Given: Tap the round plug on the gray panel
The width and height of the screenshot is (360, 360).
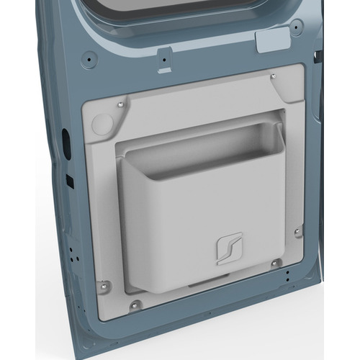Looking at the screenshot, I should (103, 123).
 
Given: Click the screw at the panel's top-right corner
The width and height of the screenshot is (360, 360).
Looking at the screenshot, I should (272, 76).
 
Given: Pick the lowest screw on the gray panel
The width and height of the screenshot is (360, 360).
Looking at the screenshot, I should (133, 305).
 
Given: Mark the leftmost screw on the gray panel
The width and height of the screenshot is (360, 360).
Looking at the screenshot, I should (102, 284).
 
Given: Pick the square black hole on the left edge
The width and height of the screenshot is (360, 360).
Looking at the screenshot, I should (70, 180).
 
